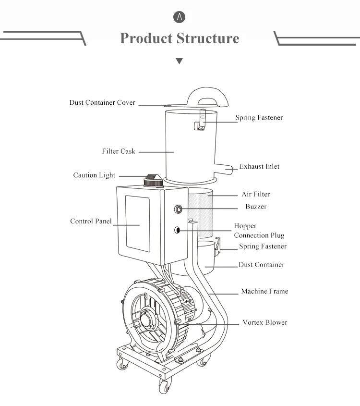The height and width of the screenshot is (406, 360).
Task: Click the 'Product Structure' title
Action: tap(180, 38)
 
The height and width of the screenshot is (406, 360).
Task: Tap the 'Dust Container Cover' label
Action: tap(102, 103)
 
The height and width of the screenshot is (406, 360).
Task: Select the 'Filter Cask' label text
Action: tap(119, 151)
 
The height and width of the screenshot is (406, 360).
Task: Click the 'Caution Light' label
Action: tap(94, 175)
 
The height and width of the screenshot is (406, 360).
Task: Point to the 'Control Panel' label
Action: tap(91, 221)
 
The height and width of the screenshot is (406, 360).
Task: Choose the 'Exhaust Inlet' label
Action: tap(259, 167)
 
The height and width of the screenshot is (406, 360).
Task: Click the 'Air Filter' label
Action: tap(255, 195)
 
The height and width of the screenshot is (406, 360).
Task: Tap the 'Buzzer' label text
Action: tap(256, 207)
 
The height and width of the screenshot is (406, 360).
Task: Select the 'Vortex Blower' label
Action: tap(264, 322)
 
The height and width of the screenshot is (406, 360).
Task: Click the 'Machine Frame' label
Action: tap(264, 292)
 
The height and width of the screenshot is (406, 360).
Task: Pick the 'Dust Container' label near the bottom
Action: tap(261, 265)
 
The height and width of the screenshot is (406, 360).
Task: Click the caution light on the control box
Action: tap(152, 180)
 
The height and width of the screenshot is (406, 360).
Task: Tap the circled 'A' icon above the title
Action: tap(180, 17)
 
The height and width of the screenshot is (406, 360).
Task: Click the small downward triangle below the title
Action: tap(180, 62)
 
